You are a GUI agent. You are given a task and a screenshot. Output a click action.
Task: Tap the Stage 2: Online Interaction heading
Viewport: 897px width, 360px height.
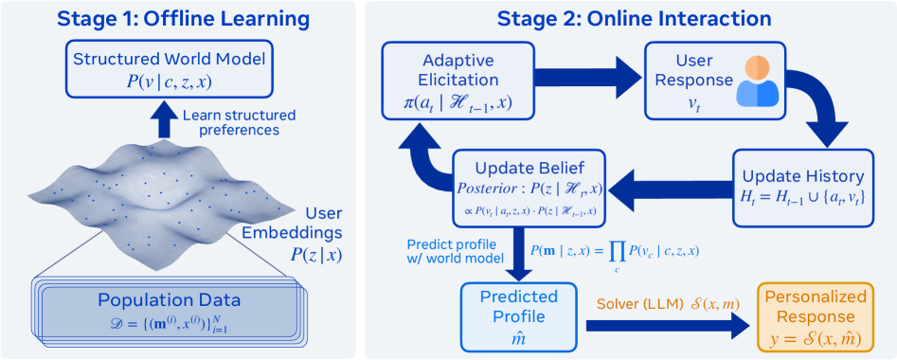(x=630, y=20)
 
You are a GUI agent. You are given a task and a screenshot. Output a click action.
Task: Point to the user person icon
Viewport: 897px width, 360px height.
(x=757, y=81)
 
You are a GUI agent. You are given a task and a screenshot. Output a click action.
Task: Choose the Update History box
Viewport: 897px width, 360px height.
(x=804, y=187)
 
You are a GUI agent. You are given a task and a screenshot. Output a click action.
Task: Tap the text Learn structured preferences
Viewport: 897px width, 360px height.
(x=239, y=122)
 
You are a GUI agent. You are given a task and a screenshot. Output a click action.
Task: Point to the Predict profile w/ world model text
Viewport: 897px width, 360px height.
(x=455, y=251)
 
